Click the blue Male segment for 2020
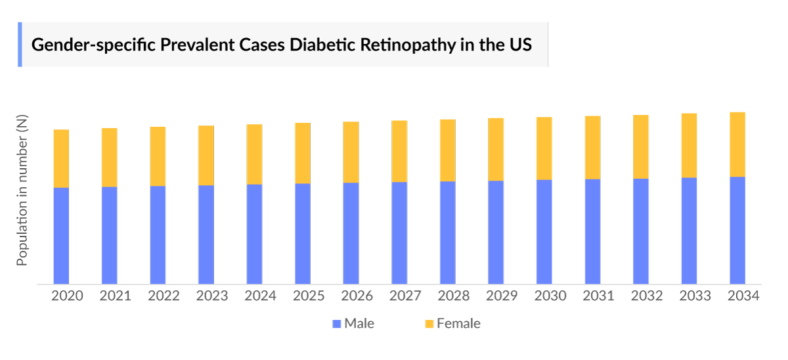pyautogui.click(x=61, y=236)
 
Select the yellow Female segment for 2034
pyautogui.click(x=737, y=145)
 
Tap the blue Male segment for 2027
pyautogui.click(x=399, y=233)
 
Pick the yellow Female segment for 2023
pyautogui.click(x=206, y=155)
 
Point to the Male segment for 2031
pyautogui.click(x=592, y=231)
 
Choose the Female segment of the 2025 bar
pyautogui.click(x=303, y=153)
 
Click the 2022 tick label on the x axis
pyautogui.click(x=164, y=296)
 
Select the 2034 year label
pyautogui.click(x=743, y=296)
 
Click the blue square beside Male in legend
pyautogui.click(x=337, y=324)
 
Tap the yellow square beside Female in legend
pyautogui.click(x=429, y=324)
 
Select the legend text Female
pyautogui.click(x=458, y=323)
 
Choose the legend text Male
pyautogui.click(x=359, y=323)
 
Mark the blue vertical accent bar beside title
pyautogui.click(x=20, y=45)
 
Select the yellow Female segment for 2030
pyautogui.click(x=544, y=148)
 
